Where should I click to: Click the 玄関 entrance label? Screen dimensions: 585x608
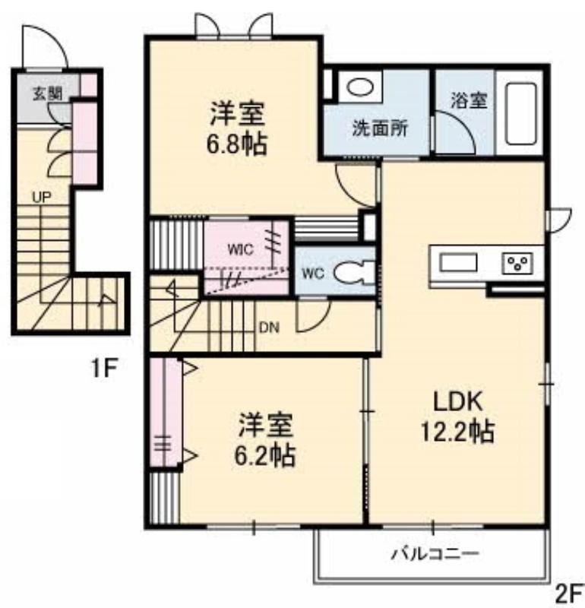coord(47,93)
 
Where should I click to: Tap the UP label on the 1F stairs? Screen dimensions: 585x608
coord(42,198)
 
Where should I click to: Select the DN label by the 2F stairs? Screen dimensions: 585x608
coord(269,328)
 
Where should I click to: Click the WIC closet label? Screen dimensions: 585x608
coord(240,250)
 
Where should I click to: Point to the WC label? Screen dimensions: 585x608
coord(313,274)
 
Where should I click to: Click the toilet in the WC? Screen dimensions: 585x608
coord(354,273)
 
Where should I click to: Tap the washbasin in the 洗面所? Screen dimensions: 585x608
coord(360,87)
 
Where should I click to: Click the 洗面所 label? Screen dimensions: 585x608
coord(380,128)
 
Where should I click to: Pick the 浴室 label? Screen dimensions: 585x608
coord(469,101)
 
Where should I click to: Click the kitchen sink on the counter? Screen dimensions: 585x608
coord(458,262)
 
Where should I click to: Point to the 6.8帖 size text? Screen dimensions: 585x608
coord(237,144)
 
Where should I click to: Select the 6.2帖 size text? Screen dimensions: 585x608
coord(265,454)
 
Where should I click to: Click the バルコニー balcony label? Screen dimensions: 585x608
coord(435,553)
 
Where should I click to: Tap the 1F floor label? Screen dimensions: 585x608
coord(104,369)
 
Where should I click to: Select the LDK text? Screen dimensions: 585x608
coord(458,401)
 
